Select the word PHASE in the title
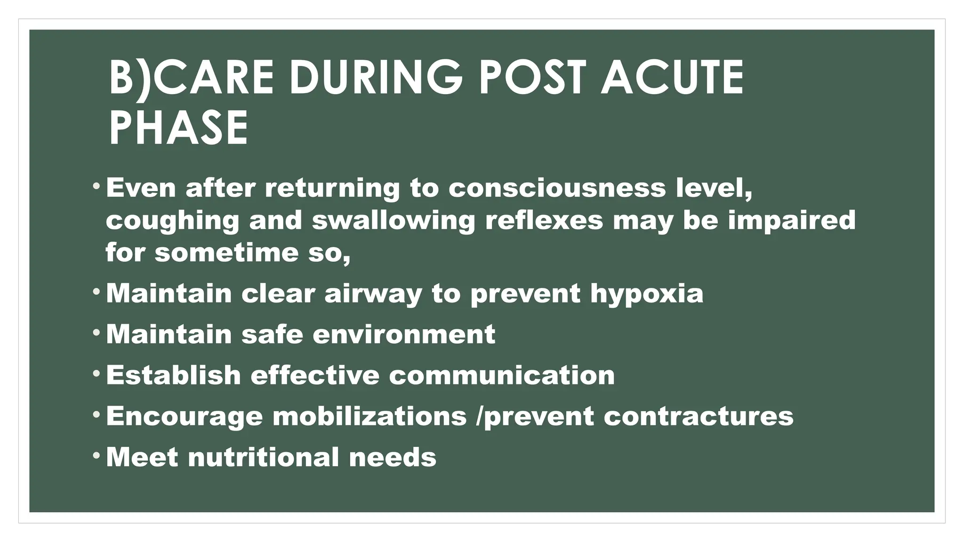(178, 128)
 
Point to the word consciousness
(557, 188)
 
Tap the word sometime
(226, 253)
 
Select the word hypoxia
(647, 294)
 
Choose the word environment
(403, 335)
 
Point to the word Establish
(173, 375)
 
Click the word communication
(502, 375)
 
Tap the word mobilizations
(370, 416)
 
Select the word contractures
(699, 416)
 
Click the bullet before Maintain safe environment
(96, 333)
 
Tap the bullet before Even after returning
(96, 186)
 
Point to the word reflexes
(544, 221)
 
